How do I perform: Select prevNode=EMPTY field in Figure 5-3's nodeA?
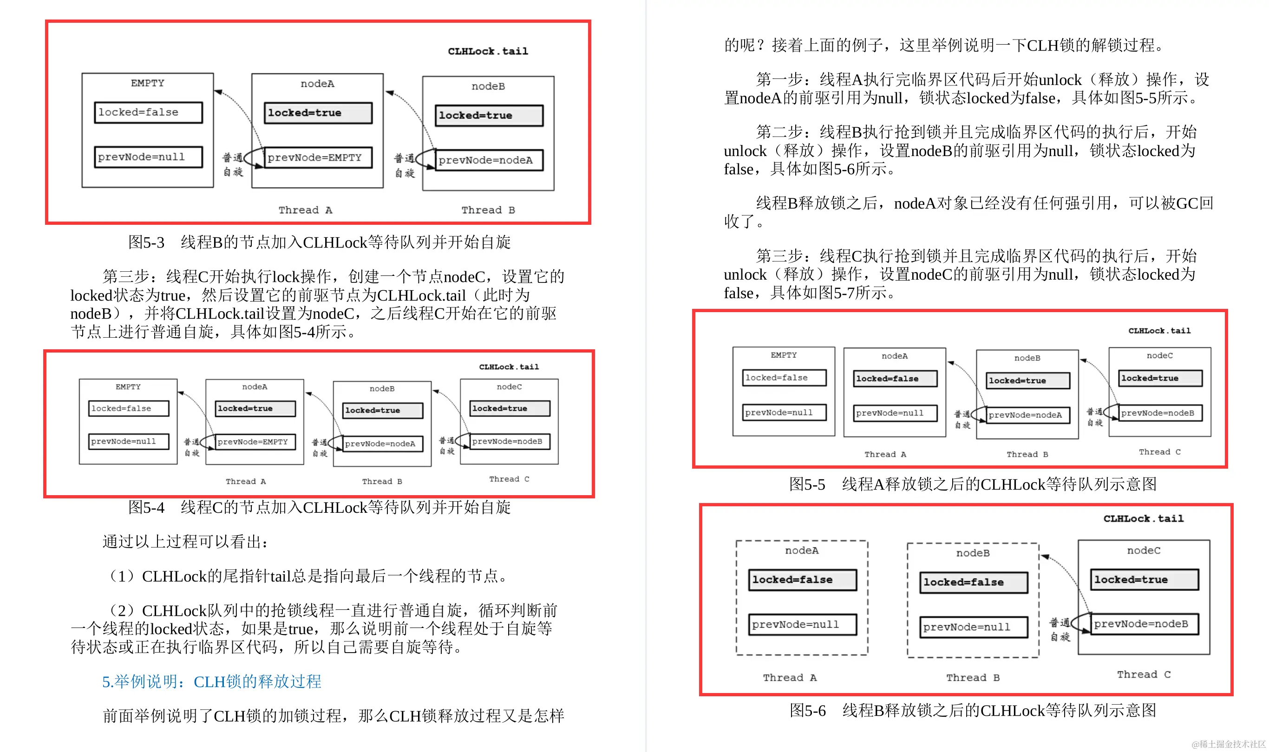point(318,157)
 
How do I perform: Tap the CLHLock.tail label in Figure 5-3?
point(487,51)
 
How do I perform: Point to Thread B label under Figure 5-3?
point(487,210)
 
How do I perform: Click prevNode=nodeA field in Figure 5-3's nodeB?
point(489,160)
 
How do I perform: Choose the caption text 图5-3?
point(146,242)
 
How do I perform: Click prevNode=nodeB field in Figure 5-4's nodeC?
point(510,441)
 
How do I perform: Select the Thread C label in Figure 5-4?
point(509,479)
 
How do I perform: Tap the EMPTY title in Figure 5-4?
point(128,386)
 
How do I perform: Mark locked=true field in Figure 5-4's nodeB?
point(382,411)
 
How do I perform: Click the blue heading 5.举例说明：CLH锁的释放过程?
point(211,681)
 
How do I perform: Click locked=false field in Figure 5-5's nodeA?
point(895,379)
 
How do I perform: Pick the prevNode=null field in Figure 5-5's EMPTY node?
point(784,412)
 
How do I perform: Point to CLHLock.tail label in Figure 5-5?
point(1158,331)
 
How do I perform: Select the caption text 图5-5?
point(807,484)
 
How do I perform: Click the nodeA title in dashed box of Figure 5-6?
point(801,550)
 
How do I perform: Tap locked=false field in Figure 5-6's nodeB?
point(973,582)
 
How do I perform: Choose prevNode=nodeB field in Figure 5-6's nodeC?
point(1144,624)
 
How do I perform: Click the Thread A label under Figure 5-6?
point(789,678)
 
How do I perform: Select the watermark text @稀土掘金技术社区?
point(1228,744)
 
